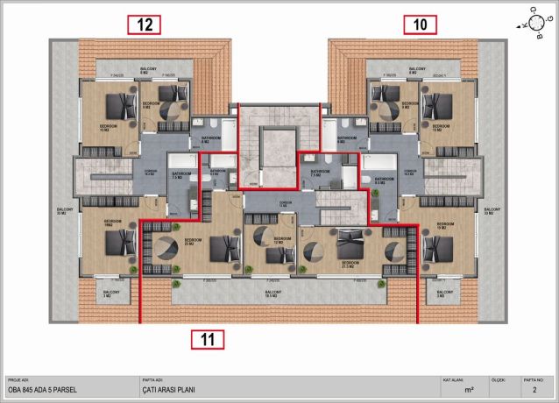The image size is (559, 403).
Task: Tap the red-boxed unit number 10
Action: click(420, 25)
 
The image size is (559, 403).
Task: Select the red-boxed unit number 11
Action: click(207, 338)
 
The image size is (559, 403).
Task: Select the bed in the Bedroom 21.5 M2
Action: click(350, 241)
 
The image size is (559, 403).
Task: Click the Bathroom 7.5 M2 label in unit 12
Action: click(175, 175)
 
